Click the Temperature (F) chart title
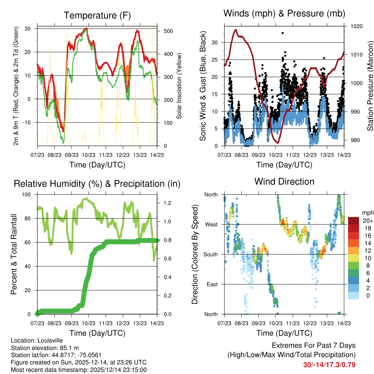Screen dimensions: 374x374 [x=97, y=15]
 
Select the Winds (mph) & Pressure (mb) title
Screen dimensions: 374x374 [x=284, y=14]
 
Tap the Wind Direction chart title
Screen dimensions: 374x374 [x=284, y=181]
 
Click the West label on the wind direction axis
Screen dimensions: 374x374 [x=211, y=224]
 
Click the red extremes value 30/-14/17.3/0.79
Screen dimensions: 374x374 [x=329, y=365]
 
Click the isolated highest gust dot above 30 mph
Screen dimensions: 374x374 [x=282, y=33]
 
